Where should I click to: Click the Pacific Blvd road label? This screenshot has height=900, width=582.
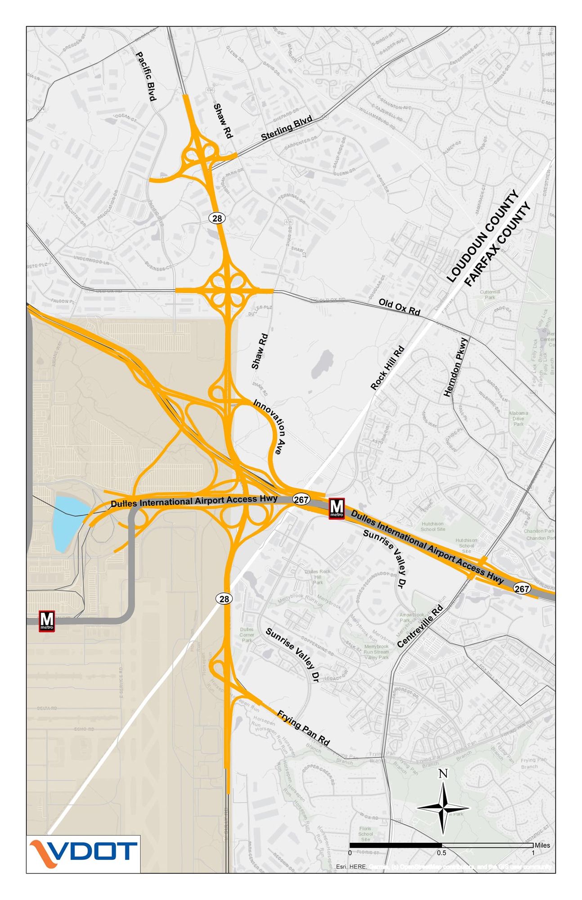coord(146,76)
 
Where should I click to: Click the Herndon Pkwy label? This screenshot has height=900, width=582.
coord(456,367)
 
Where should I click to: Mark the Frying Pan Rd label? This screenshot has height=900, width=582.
coord(303,728)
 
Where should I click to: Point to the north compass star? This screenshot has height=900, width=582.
coord(443,807)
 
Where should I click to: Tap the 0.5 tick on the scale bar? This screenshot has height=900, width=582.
coord(441,852)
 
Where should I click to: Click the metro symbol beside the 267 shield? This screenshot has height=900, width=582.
coord(336,508)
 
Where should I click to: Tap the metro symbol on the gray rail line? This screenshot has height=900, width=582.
coord(47,621)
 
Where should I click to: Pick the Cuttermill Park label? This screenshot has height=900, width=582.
coord(489,294)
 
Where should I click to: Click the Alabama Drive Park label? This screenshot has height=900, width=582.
coord(518,418)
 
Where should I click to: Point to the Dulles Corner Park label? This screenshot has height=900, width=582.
coord(246,634)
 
